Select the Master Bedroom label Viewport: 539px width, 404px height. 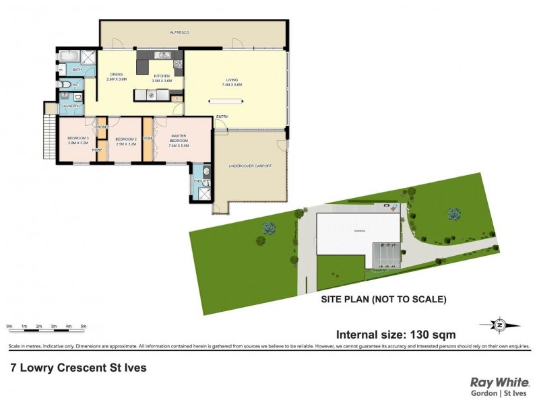pos(179,140)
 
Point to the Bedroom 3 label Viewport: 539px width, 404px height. pos(78,141)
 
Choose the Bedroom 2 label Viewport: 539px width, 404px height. pos(126,141)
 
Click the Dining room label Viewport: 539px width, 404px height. pos(117,77)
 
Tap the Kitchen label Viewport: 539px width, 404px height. pos(162,77)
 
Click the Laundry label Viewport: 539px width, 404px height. pos(70,106)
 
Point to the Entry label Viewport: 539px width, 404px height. pos(222,116)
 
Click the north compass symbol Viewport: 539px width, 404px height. pos(500,325)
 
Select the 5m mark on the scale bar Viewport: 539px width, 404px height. pos(83,326)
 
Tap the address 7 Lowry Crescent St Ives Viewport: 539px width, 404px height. pos(77,368)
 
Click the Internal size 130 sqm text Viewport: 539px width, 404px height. pos(396,334)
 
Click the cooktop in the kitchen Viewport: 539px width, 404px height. pos(178,64)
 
